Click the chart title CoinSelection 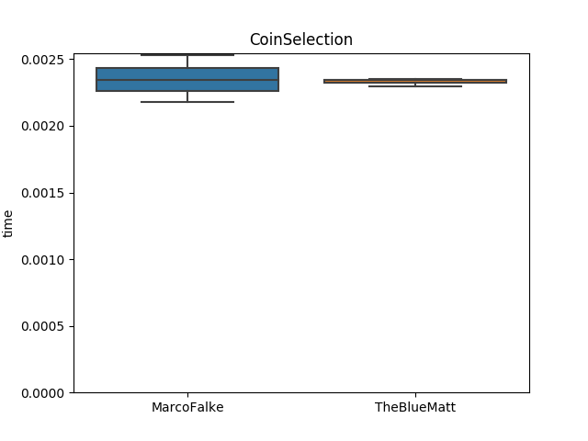click(x=300, y=40)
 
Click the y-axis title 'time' click(x=9, y=223)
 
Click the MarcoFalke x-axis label click(x=187, y=408)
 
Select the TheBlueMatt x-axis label click(x=415, y=408)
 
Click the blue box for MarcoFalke click(x=187, y=73)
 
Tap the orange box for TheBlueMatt click(x=415, y=81)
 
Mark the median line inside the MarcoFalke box click(x=187, y=80)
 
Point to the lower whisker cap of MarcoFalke click(x=187, y=102)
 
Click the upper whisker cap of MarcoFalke click(x=187, y=55)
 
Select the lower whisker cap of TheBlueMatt click(x=415, y=85)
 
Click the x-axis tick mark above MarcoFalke click(x=187, y=395)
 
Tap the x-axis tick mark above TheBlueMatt click(x=415, y=395)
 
